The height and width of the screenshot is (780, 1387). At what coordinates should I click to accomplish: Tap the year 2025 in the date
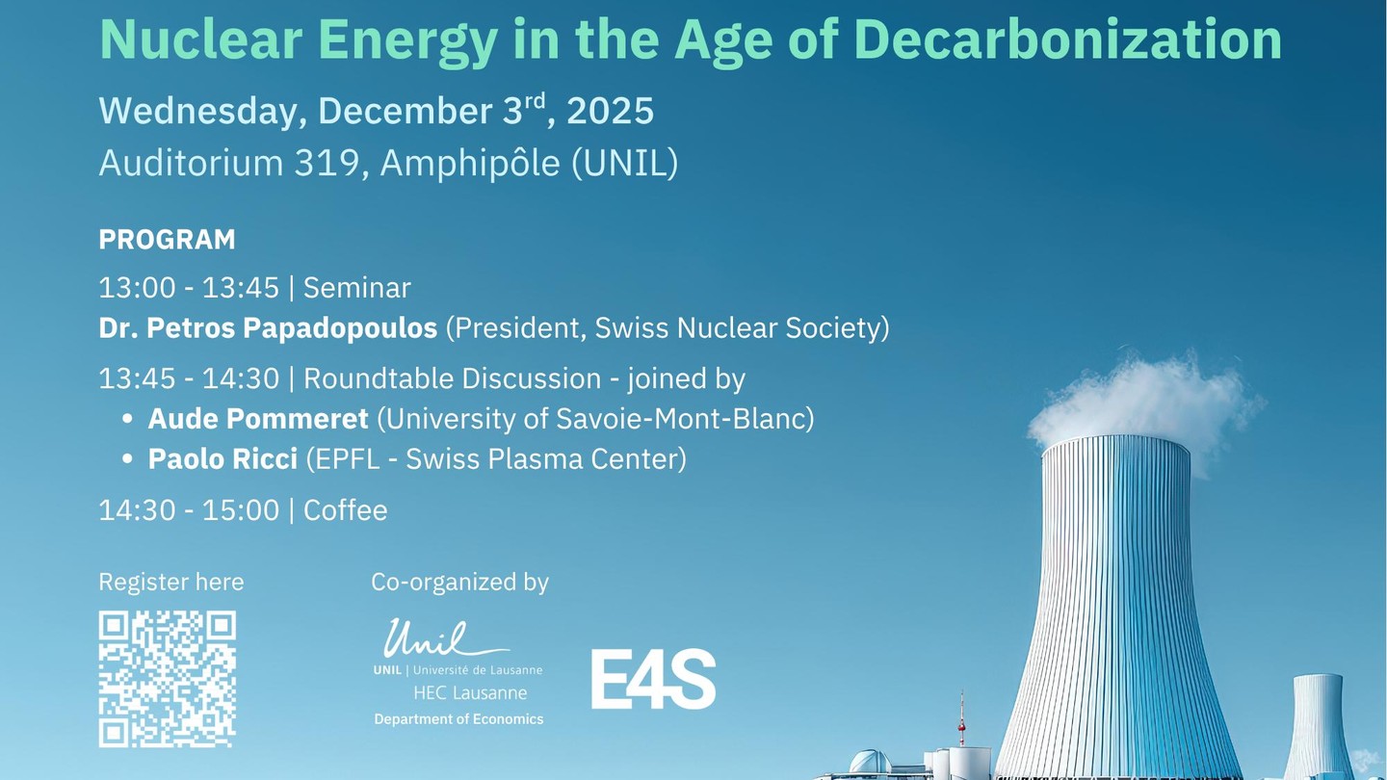(x=610, y=111)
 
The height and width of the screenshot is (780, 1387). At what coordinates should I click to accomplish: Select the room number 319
(x=327, y=163)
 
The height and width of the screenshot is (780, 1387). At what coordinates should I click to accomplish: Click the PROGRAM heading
(x=168, y=240)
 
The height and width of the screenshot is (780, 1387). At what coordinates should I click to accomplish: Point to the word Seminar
(x=356, y=288)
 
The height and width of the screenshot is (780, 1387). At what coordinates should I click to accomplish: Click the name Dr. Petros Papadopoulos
(x=268, y=328)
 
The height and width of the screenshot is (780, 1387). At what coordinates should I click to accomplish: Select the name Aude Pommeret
(x=258, y=419)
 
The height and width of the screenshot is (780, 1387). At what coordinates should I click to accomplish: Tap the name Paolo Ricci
(x=222, y=459)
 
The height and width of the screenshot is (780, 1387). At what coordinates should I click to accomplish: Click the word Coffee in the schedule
(x=346, y=510)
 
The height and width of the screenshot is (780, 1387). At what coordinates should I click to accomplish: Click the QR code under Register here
(x=168, y=679)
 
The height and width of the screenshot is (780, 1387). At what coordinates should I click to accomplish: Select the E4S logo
(x=653, y=679)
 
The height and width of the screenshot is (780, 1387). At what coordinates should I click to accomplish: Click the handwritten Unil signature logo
(x=446, y=638)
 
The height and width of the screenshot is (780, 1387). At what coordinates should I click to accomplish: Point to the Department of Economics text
(x=458, y=719)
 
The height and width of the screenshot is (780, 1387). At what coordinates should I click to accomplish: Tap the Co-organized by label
(x=459, y=583)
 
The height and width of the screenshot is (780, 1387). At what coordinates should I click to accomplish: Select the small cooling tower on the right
(x=1317, y=727)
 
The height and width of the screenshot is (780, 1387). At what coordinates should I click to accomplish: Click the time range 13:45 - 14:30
(x=189, y=378)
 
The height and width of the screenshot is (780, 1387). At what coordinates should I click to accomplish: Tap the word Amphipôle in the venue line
(x=470, y=164)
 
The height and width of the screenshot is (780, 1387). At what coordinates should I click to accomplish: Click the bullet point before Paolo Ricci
(x=127, y=459)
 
